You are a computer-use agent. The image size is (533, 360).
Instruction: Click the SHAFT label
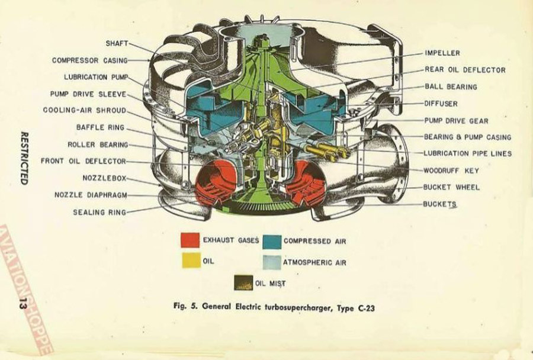tap(117, 43)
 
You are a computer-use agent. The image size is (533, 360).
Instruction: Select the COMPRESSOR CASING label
tap(90, 60)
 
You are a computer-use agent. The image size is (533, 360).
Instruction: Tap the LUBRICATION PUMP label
tap(96, 77)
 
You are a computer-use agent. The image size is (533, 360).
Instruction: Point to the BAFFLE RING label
tap(101, 127)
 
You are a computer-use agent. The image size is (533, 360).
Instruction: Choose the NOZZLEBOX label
tap(104, 178)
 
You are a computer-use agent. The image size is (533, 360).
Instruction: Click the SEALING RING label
tap(99, 213)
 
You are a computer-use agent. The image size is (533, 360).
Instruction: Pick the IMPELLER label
tap(442, 53)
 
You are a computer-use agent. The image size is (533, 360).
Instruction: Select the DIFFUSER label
tap(441, 104)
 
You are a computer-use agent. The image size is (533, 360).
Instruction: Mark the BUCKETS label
tap(439, 204)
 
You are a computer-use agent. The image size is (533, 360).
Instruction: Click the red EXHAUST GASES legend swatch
tap(190, 240)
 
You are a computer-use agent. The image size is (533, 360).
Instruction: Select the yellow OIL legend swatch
tap(191, 261)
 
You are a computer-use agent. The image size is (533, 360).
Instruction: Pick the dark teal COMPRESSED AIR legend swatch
tap(272, 242)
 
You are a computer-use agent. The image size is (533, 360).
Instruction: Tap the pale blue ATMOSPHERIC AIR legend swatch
tap(272, 262)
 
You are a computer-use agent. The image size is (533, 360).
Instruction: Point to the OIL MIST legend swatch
tap(243, 282)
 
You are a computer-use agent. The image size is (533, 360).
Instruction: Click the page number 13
tap(23, 303)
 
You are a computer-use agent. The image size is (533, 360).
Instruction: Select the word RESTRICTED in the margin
tap(24, 158)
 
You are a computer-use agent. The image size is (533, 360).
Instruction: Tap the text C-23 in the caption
tap(367, 308)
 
